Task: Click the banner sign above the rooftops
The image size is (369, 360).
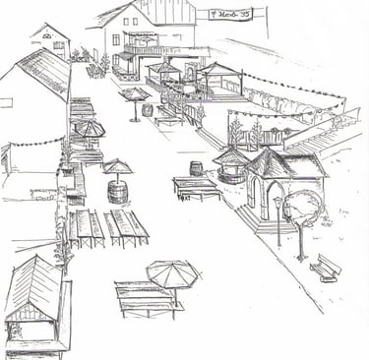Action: [230, 14]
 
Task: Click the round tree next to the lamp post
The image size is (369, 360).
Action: [303, 209]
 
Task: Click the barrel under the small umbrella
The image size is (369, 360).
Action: [118, 190]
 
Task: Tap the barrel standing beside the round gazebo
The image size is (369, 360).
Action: [196, 168]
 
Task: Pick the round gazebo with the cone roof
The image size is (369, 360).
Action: [232, 161]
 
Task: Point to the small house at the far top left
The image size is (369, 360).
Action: [51, 39]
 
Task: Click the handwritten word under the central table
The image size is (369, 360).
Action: [183, 197]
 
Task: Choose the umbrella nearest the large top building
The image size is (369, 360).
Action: [134, 94]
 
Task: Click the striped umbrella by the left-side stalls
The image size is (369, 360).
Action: [90, 128]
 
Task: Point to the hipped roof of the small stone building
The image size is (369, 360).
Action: [285, 161]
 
